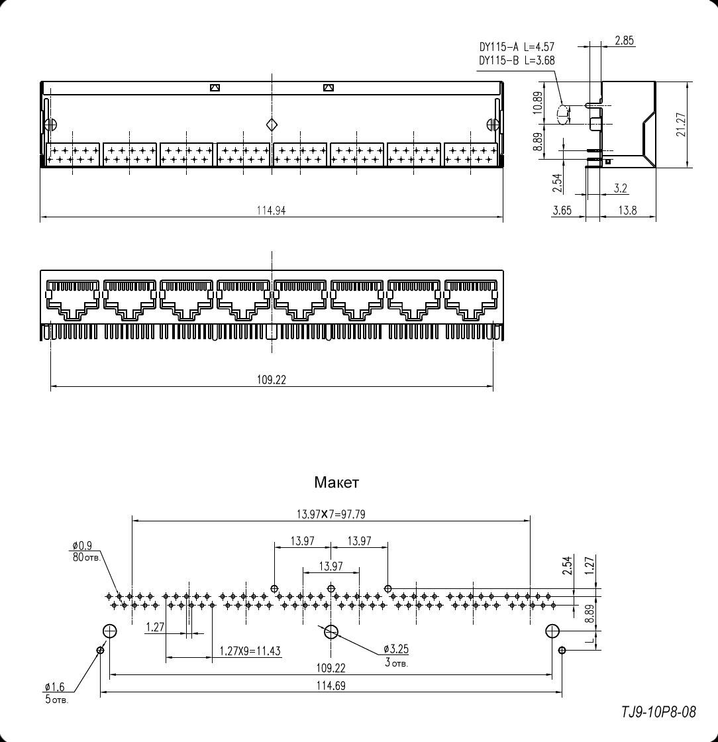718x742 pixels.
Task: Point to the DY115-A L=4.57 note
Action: click(x=517, y=47)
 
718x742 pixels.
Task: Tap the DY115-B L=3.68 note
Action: click(x=517, y=60)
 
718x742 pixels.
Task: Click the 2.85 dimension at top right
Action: click(x=624, y=41)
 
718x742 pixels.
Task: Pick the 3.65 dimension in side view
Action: click(x=562, y=211)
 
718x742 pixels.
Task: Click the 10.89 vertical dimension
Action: click(x=538, y=103)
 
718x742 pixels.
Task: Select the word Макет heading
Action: click(x=336, y=483)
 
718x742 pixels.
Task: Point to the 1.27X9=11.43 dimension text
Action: click(x=250, y=651)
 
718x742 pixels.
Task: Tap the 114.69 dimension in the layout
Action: click(x=331, y=686)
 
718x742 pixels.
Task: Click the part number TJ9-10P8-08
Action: click(x=658, y=712)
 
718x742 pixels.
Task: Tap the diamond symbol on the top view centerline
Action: click(x=272, y=125)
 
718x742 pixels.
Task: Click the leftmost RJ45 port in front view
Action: click(x=73, y=301)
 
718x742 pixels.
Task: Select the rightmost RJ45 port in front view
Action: click(x=471, y=301)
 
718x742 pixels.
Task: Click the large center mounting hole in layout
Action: click(x=331, y=631)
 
